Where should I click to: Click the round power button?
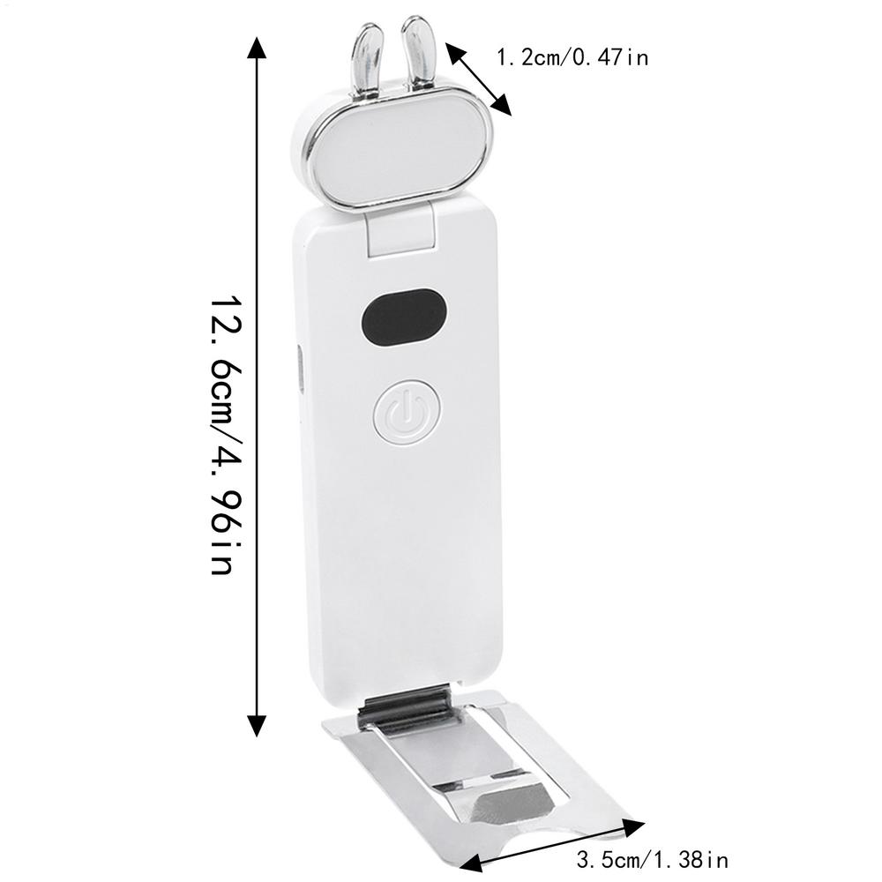(405, 412)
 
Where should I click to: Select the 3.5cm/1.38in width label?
(652, 858)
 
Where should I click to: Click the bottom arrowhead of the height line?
(257, 725)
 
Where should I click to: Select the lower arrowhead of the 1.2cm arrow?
(502, 106)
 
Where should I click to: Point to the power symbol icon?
(405, 412)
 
